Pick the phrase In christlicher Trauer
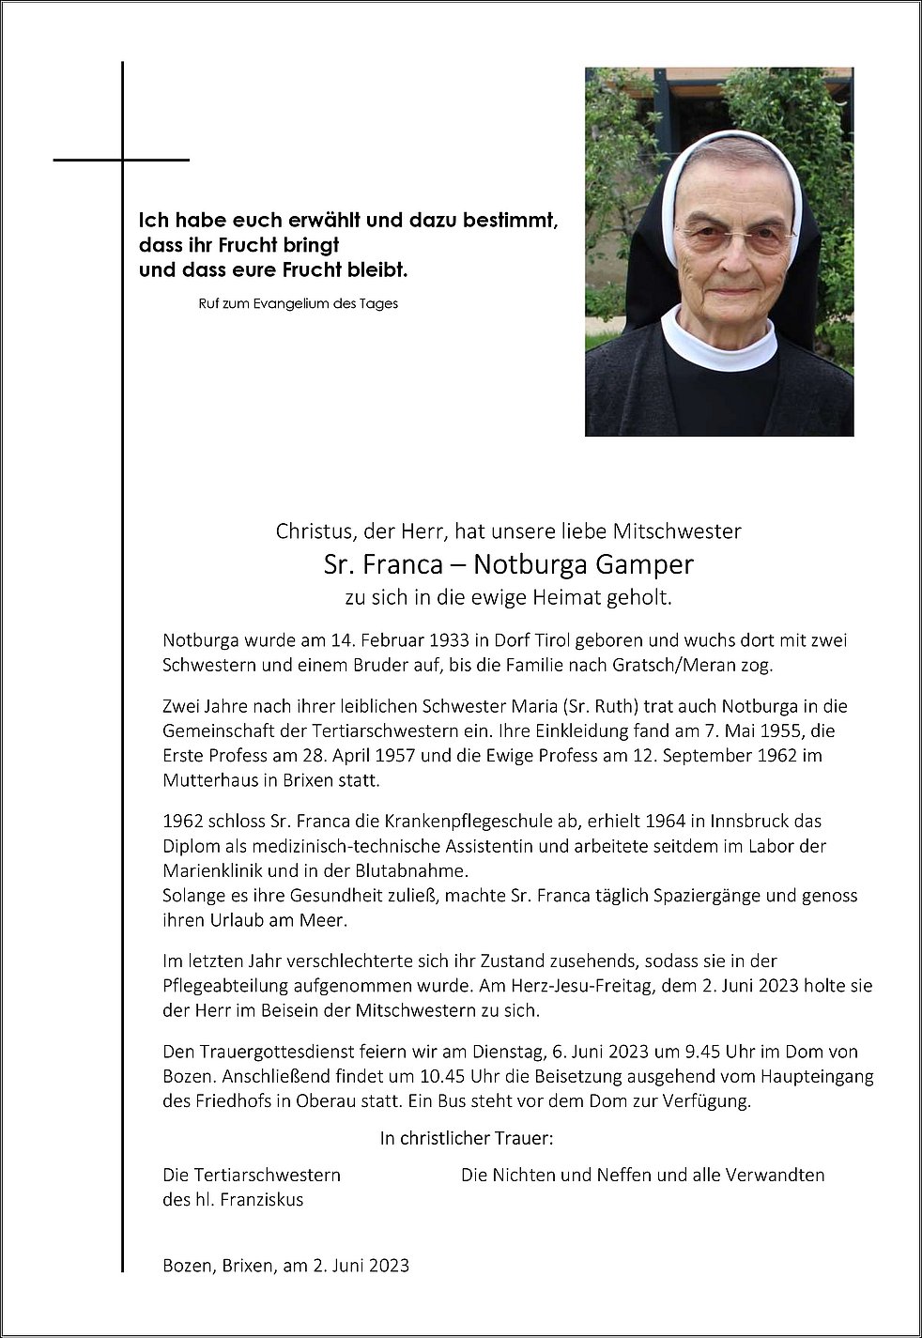(467, 1139)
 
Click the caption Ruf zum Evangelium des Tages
(299, 303)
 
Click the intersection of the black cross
(122, 161)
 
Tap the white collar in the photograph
(718, 338)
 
